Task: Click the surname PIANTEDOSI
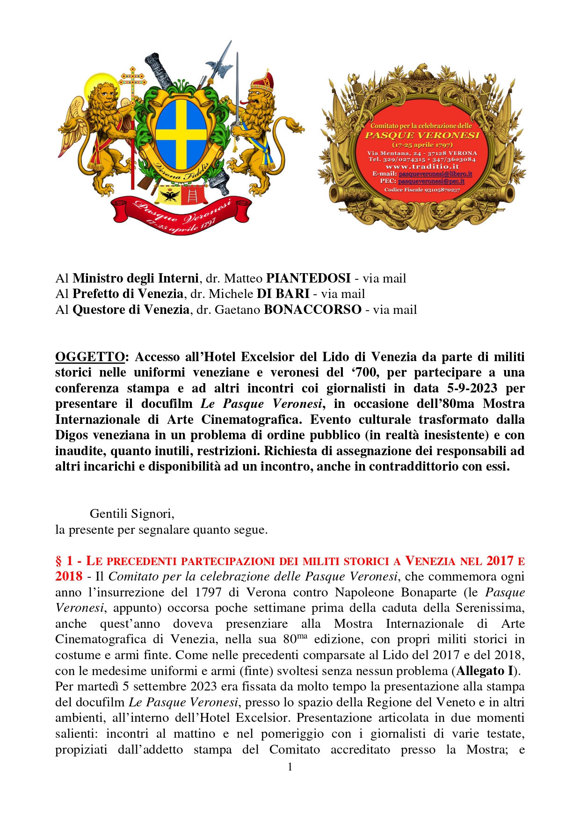tap(308, 278)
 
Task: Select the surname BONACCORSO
tap(312, 310)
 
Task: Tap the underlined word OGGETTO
tap(90, 357)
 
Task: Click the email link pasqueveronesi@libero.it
tap(435, 174)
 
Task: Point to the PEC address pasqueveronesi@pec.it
tap(431, 181)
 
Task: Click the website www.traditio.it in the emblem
tap(422, 167)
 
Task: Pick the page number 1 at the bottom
tap(290, 767)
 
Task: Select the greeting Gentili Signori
tap(132, 514)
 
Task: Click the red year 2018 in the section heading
tap(69, 576)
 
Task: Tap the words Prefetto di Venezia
tap(128, 294)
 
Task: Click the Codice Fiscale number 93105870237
tap(442, 190)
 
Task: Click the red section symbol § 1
tap(64, 561)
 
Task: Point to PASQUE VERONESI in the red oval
tap(422, 136)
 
